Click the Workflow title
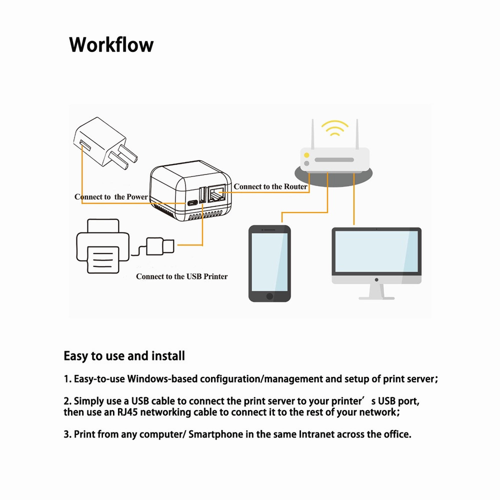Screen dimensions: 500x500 111,45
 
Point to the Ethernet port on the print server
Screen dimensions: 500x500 217,192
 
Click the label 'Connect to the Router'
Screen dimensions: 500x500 270,186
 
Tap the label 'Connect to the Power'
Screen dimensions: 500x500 111,196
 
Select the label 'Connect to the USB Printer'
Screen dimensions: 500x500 181,276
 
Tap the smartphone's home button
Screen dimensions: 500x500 270,296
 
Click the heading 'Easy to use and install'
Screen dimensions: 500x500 124,356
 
